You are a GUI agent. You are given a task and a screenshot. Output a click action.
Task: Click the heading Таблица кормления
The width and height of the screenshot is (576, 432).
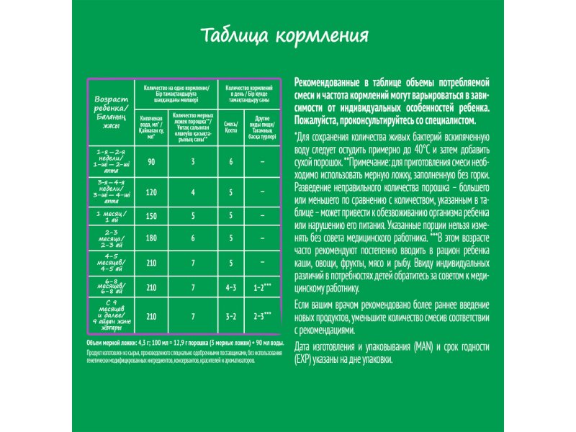pyautogui.click(x=288, y=36)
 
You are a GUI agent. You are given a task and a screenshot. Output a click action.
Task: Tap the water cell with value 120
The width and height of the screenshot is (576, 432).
pyautogui.click(x=151, y=193)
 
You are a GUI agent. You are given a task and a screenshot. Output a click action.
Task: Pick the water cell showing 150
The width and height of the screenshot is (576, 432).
pyautogui.click(x=151, y=215)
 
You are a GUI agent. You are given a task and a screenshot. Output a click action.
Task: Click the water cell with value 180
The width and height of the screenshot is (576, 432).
pyautogui.click(x=151, y=238)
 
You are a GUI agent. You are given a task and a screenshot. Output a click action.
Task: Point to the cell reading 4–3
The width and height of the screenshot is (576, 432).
pyautogui.click(x=231, y=288)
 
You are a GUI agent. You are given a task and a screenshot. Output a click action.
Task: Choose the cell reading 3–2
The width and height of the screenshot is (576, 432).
pyautogui.click(x=231, y=315)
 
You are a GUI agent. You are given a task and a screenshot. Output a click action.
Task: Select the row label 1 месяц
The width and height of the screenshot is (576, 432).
pyautogui.click(x=112, y=215)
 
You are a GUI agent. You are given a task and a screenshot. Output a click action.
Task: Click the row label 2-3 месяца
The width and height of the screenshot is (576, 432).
pyautogui.click(x=112, y=238)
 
